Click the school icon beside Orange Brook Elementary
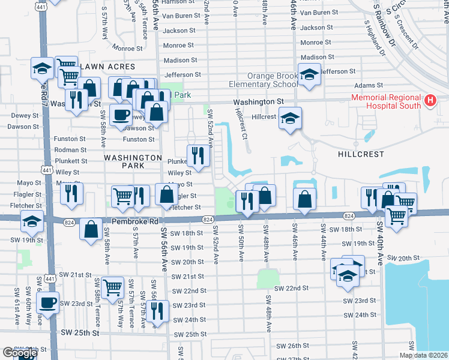[309, 75]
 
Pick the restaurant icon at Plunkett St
[198, 156]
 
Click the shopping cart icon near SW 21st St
[112, 287]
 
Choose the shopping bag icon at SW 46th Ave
[305, 199]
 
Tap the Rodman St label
[70, 150]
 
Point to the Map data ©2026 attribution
[423, 355]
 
